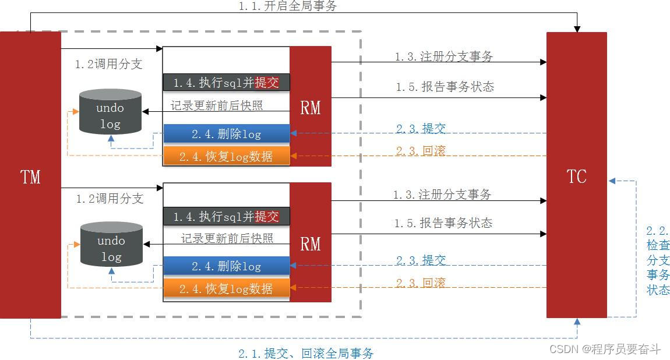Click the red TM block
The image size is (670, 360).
30,175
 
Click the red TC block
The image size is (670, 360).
576,175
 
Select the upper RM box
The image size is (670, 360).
310,107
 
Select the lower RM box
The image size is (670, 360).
310,243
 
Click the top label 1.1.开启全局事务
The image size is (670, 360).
287,6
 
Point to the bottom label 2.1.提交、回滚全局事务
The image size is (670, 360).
306,353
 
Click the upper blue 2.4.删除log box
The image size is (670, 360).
226,134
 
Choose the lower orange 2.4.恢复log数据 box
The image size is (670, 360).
226,288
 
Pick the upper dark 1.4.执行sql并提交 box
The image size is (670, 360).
226,83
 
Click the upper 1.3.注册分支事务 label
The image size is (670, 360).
443,57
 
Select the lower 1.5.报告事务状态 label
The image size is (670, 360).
443,223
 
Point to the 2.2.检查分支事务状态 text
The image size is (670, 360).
658,260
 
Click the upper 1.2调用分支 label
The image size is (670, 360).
109,65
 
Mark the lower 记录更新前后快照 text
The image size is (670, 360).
227,238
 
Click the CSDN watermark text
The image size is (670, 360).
605,349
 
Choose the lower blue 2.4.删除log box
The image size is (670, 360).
226,266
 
